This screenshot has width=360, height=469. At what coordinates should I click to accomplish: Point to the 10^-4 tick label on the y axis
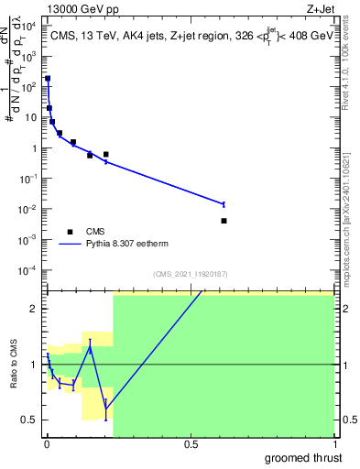click(x=31, y=270)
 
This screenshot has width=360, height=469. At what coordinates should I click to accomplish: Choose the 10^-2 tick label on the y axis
click(x=31, y=209)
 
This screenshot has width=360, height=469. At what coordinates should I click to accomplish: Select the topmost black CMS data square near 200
click(x=48, y=79)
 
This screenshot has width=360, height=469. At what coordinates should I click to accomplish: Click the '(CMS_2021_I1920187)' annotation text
click(x=190, y=274)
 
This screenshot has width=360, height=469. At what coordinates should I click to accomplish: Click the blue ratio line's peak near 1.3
click(x=91, y=349)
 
